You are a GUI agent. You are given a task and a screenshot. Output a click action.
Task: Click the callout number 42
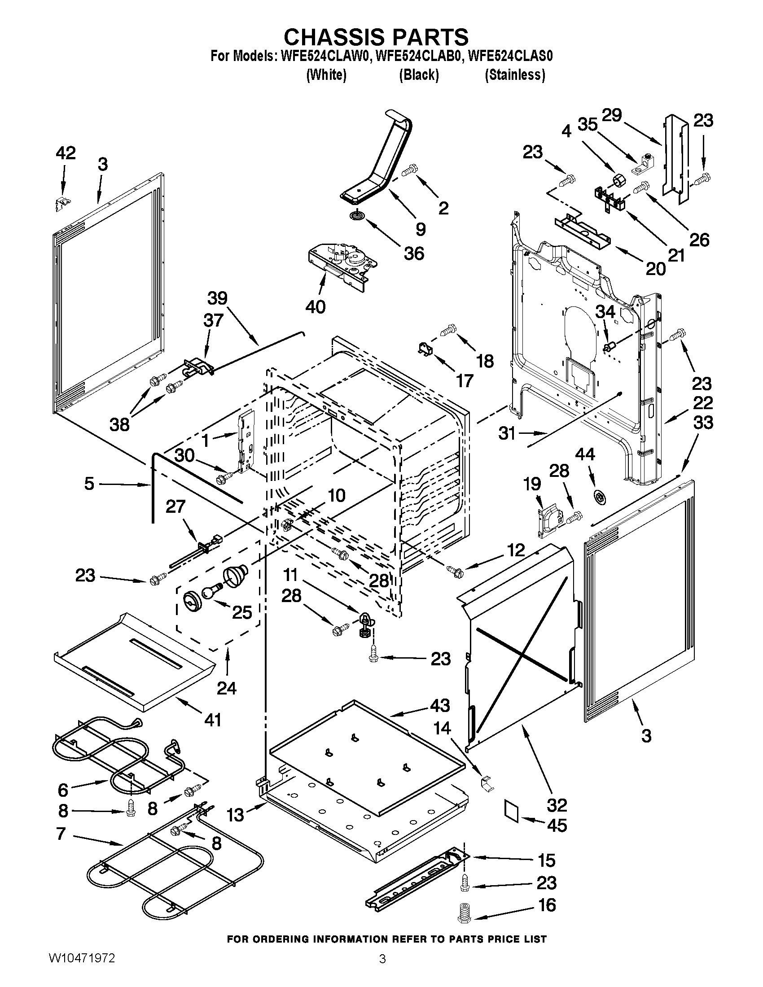pyautogui.click(x=66, y=153)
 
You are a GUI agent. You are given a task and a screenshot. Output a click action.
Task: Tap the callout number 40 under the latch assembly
pyautogui.click(x=315, y=307)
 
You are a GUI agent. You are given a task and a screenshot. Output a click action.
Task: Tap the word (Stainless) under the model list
pyautogui.click(x=514, y=74)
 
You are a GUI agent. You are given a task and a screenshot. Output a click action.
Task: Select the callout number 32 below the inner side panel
pyautogui.click(x=557, y=805)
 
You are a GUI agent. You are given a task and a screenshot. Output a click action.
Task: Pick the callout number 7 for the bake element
pyautogui.click(x=61, y=834)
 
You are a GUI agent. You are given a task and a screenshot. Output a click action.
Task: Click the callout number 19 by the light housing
pyautogui.click(x=532, y=484)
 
